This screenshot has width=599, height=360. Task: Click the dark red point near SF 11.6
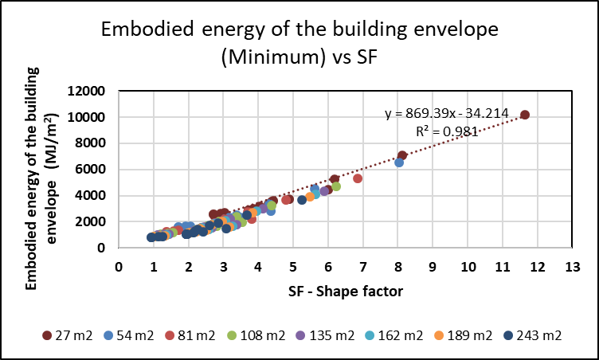click(525, 115)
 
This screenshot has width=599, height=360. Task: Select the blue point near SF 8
click(399, 162)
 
